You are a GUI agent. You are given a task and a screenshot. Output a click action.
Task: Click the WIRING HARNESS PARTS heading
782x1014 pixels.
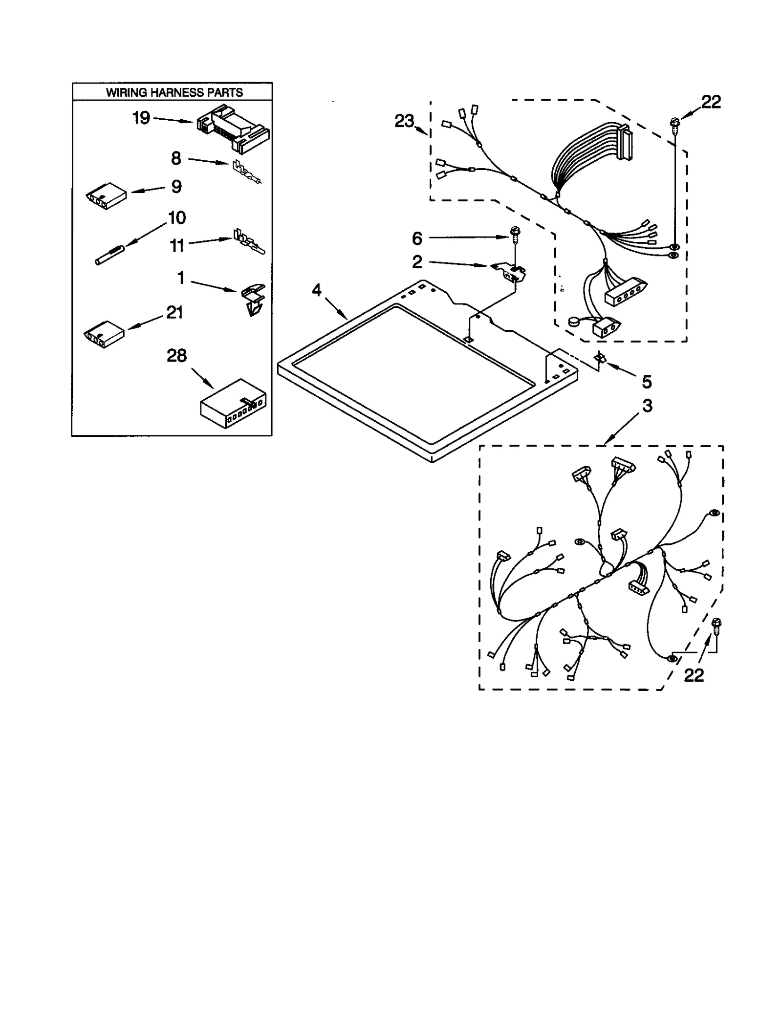coord(174,92)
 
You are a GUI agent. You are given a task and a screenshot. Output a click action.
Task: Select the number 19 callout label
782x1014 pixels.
coord(141,118)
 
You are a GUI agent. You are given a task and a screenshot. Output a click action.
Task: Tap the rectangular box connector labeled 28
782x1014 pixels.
coord(233,403)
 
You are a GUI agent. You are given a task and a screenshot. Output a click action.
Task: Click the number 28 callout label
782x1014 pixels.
coord(176,355)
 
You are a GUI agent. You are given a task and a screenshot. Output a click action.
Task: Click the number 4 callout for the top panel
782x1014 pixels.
coord(317,290)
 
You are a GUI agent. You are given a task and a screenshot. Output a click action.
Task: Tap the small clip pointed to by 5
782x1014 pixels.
coord(600,359)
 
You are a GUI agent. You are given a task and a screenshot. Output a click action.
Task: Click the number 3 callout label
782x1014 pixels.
coord(647,406)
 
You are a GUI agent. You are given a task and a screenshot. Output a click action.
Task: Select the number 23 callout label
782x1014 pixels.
coord(404,121)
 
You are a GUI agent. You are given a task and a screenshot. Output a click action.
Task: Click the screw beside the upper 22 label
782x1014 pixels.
coord(675,124)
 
